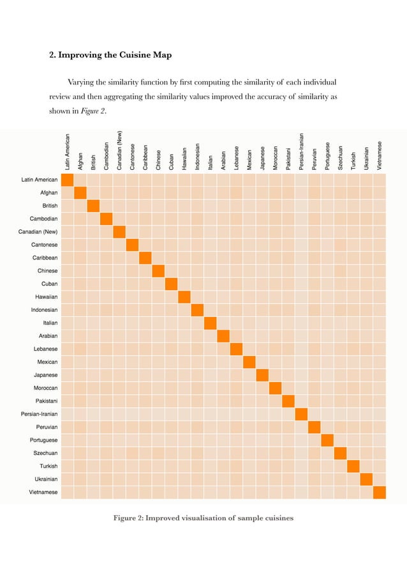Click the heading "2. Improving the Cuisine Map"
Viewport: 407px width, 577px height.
(110, 55)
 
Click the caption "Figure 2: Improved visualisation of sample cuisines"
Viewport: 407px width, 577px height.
(203, 518)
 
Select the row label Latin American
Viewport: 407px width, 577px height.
(40, 180)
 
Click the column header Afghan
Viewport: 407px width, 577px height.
(80, 160)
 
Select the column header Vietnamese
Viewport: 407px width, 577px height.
(380, 155)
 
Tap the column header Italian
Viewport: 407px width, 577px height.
(211, 161)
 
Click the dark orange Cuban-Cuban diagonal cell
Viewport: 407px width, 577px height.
(172, 283)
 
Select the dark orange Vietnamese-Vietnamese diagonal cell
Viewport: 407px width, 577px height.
(380, 492)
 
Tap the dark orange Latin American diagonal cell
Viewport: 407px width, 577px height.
(68, 180)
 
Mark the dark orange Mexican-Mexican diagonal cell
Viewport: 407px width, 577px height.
(249, 362)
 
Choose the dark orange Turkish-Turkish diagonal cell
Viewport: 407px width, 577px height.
(353, 466)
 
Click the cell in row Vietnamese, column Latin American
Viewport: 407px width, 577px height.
(68, 492)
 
